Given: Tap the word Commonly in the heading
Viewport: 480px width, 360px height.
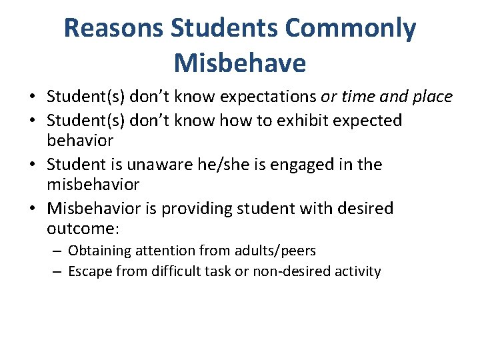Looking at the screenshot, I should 351,29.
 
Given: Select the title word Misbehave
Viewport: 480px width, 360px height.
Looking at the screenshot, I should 240,63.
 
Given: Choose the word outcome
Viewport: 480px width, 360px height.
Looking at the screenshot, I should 81,229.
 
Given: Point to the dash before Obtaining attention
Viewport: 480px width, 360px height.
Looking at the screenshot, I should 56,251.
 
